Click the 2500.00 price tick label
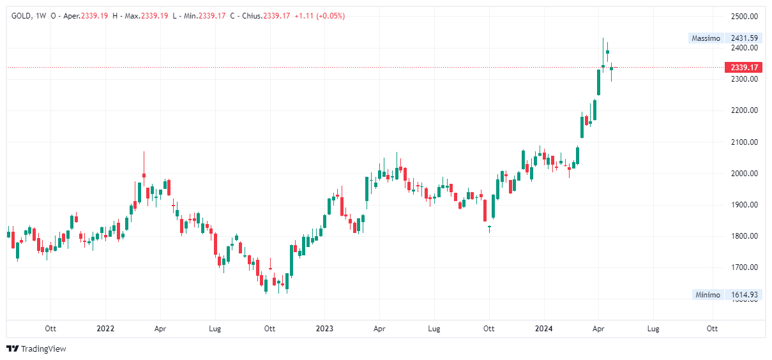[x=745, y=16]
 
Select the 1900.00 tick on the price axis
[x=745, y=205]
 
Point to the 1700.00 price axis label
[x=745, y=267]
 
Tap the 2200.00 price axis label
[x=745, y=110]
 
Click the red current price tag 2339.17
[x=745, y=67]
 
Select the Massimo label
[x=706, y=38]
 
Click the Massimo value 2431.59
[x=745, y=38]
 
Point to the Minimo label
[x=708, y=295]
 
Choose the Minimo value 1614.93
[x=745, y=295]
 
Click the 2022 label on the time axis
[x=105, y=329]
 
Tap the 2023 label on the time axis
[x=324, y=329]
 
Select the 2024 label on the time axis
[x=544, y=329]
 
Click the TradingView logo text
[x=43, y=349]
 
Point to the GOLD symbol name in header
[x=21, y=16]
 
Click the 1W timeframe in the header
[x=41, y=16]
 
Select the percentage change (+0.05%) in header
[x=330, y=16]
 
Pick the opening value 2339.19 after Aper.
[x=95, y=16]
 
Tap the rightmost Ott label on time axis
[x=712, y=329]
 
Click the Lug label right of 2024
[x=653, y=329]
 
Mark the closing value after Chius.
[x=276, y=16]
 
